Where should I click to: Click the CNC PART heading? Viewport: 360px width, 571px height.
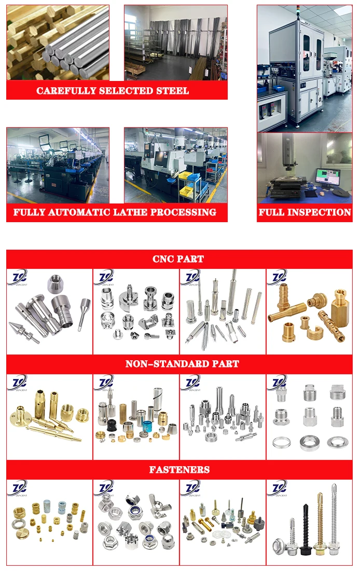[x=178, y=259]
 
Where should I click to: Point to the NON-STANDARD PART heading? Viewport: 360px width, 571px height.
[x=182, y=364]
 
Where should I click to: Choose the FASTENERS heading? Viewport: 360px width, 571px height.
[x=179, y=470]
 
